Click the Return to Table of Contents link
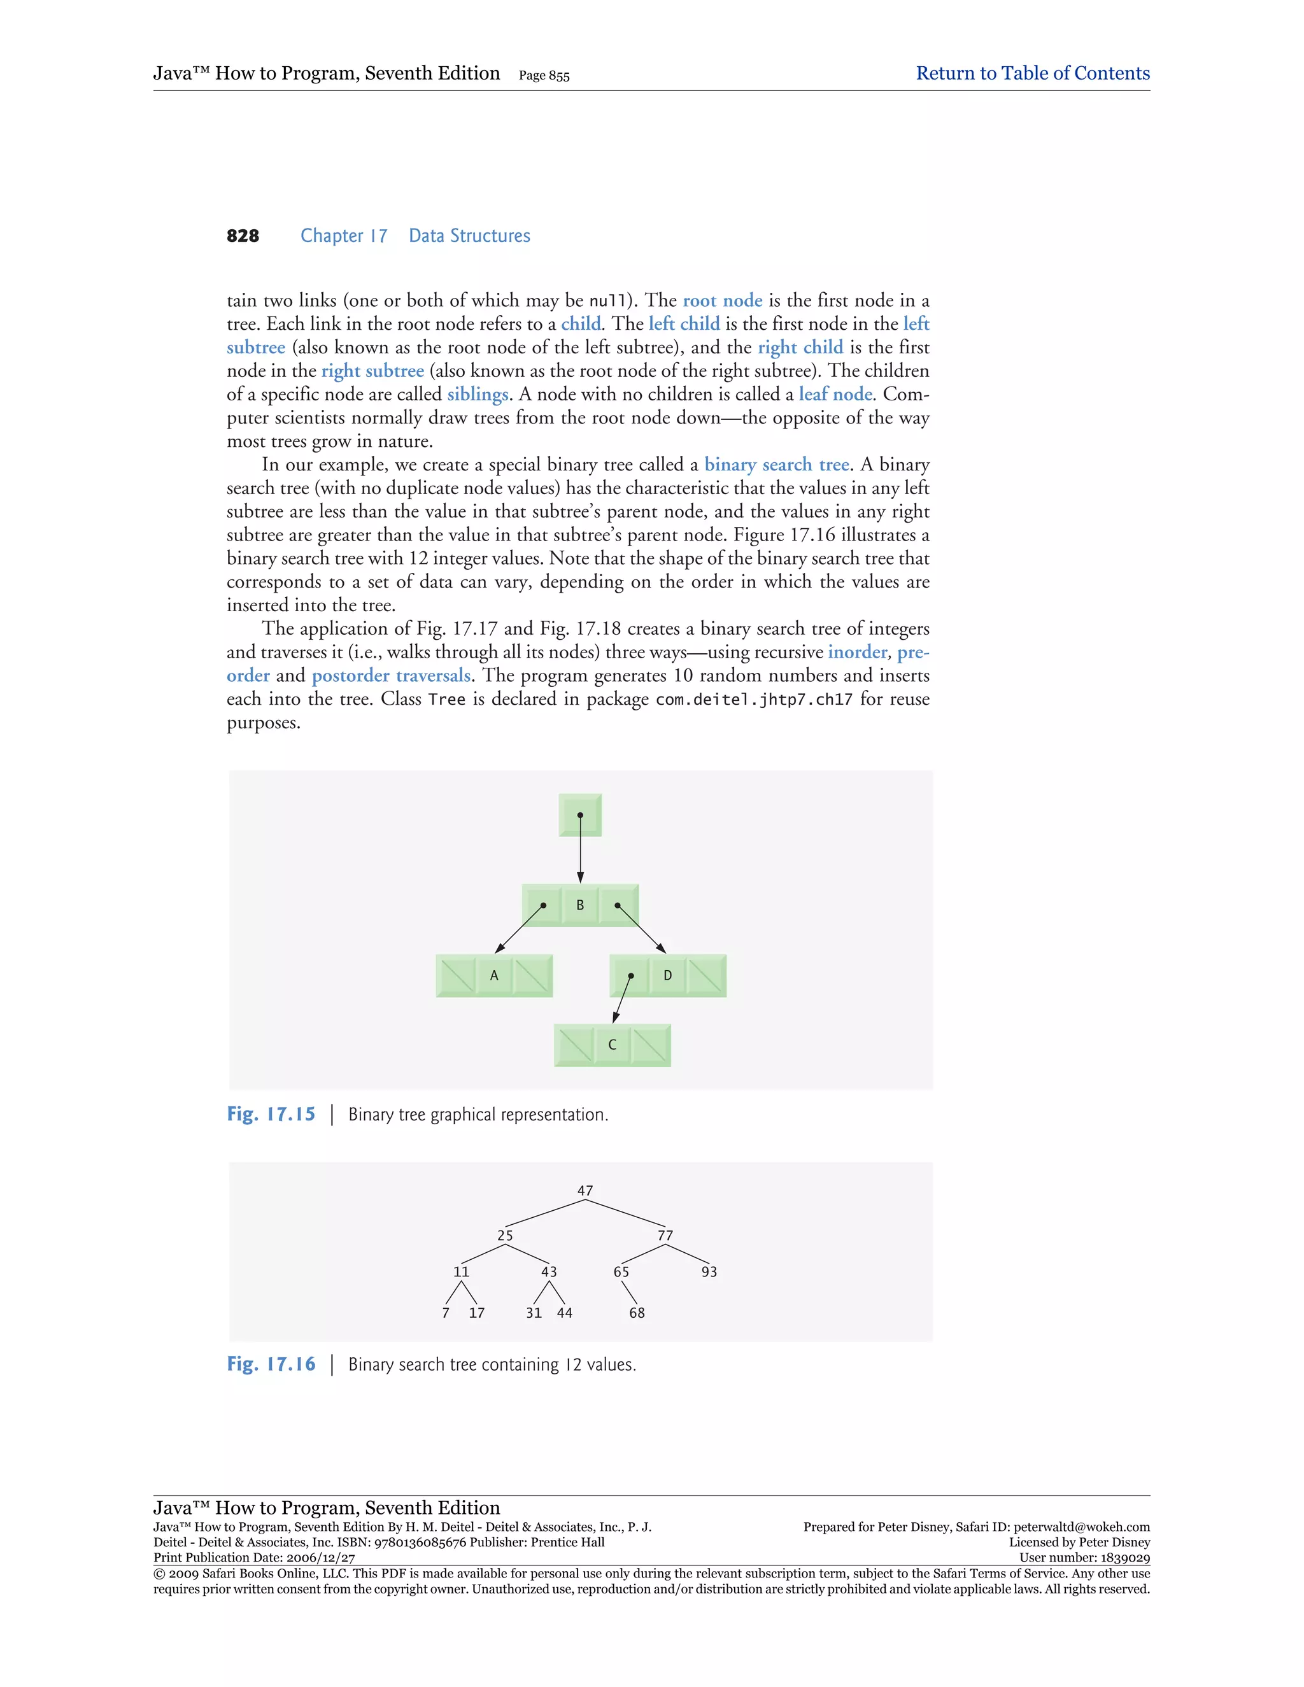(x=1032, y=73)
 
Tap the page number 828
(x=243, y=236)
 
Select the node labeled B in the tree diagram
(x=580, y=905)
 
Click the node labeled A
(x=494, y=975)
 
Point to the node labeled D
(x=667, y=975)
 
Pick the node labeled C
(x=612, y=1045)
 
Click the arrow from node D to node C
(x=623, y=999)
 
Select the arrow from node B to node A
(x=519, y=928)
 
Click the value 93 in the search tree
(x=709, y=1271)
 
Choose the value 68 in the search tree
(x=637, y=1313)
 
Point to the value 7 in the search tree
(x=446, y=1313)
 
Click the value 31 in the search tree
(x=534, y=1313)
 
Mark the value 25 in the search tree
(x=504, y=1235)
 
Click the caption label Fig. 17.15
(x=271, y=1114)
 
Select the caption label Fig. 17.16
(x=271, y=1364)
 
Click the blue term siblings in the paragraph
(x=478, y=395)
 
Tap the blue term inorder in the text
(x=858, y=653)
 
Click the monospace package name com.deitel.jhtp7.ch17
(x=754, y=700)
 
